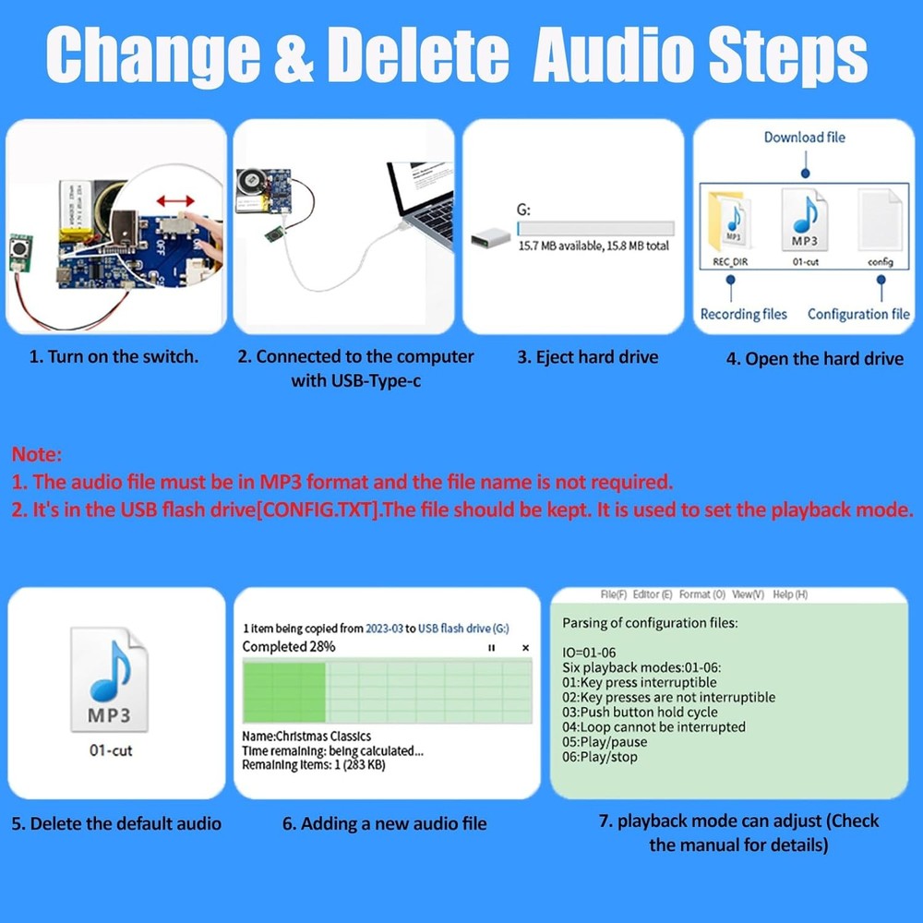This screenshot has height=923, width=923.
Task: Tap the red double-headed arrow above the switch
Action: click(175, 200)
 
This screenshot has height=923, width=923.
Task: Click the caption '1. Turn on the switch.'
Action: click(114, 356)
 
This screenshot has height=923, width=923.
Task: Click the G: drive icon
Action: click(488, 239)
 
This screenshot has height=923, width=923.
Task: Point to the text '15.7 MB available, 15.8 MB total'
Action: click(593, 246)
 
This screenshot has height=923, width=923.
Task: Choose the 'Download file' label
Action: click(804, 138)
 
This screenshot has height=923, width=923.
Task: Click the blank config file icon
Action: click(881, 220)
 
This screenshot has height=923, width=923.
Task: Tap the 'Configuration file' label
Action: click(858, 315)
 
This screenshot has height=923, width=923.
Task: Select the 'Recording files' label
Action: click(744, 315)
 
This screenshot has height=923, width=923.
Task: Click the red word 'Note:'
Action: click(37, 454)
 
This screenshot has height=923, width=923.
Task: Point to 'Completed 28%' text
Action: click(288, 647)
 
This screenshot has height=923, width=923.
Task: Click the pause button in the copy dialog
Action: click(491, 648)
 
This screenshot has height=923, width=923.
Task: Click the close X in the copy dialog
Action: click(525, 648)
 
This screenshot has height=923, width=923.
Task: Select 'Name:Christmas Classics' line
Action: click(306, 737)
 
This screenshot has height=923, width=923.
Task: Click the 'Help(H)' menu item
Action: click(789, 595)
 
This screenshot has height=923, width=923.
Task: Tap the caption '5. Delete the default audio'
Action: click(116, 823)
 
